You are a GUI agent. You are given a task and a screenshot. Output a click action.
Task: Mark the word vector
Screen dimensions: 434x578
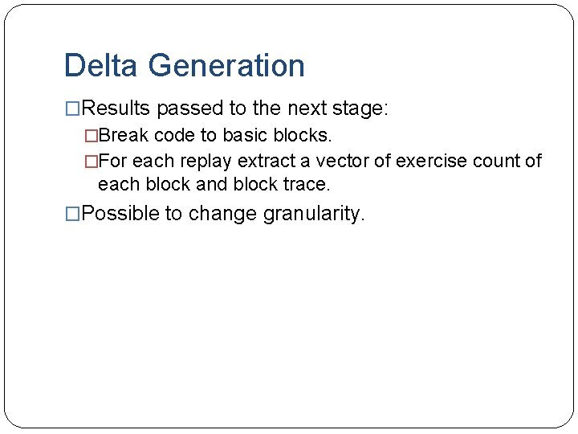(x=332, y=161)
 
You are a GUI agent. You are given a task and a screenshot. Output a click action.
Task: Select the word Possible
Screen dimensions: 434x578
(x=120, y=214)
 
